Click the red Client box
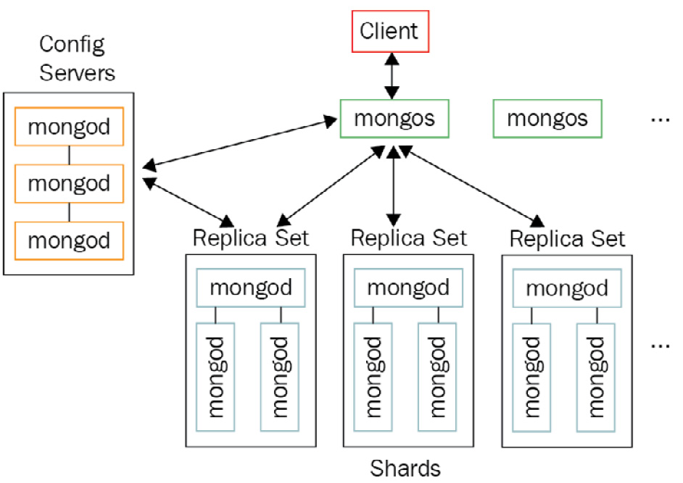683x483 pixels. (x=389, y=32)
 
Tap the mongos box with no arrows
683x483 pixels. (x=547, y=118)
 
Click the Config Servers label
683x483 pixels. (x=72, y=58)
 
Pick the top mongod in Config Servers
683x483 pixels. (x=69, y=127)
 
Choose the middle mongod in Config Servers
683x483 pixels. (x=69, y=183)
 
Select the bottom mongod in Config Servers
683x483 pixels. (x=69, y=240)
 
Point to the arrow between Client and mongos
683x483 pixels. (x=392, y=76)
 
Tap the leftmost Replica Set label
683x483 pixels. (x=250, y=238)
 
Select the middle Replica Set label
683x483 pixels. (x=408, y=238)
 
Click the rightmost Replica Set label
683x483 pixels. (x=567, y=238)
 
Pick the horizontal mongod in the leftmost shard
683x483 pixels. (x=250, y=287)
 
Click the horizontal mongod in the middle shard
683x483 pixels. (x=408, y=287)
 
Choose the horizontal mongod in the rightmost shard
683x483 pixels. (x=567, y=289)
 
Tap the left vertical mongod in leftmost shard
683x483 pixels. (x=216, y=377)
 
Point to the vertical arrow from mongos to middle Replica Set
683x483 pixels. (x=393, y=185)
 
